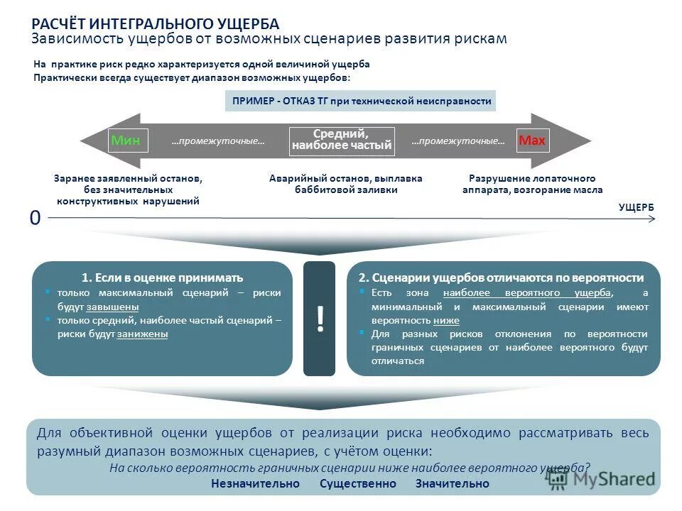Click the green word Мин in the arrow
[125, 141]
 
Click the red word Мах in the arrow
[532, 141]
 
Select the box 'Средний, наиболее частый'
[342, 140]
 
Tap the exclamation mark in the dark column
[319, 319]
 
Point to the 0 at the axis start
[35, 219]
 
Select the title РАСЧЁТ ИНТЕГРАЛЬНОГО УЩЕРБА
[156, 24]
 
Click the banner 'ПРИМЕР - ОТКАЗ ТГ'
[361, 101]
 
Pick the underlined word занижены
[142, 334]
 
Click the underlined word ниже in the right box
[445, 320]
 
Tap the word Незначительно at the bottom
[255, 483]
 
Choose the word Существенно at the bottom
[357, 483]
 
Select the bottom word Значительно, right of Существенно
[453, 483]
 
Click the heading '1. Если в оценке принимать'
[162, 278]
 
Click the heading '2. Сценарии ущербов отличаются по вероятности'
[501, 278]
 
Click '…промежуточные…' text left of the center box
[217, 141]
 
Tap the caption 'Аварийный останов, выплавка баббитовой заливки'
[346, 184]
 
